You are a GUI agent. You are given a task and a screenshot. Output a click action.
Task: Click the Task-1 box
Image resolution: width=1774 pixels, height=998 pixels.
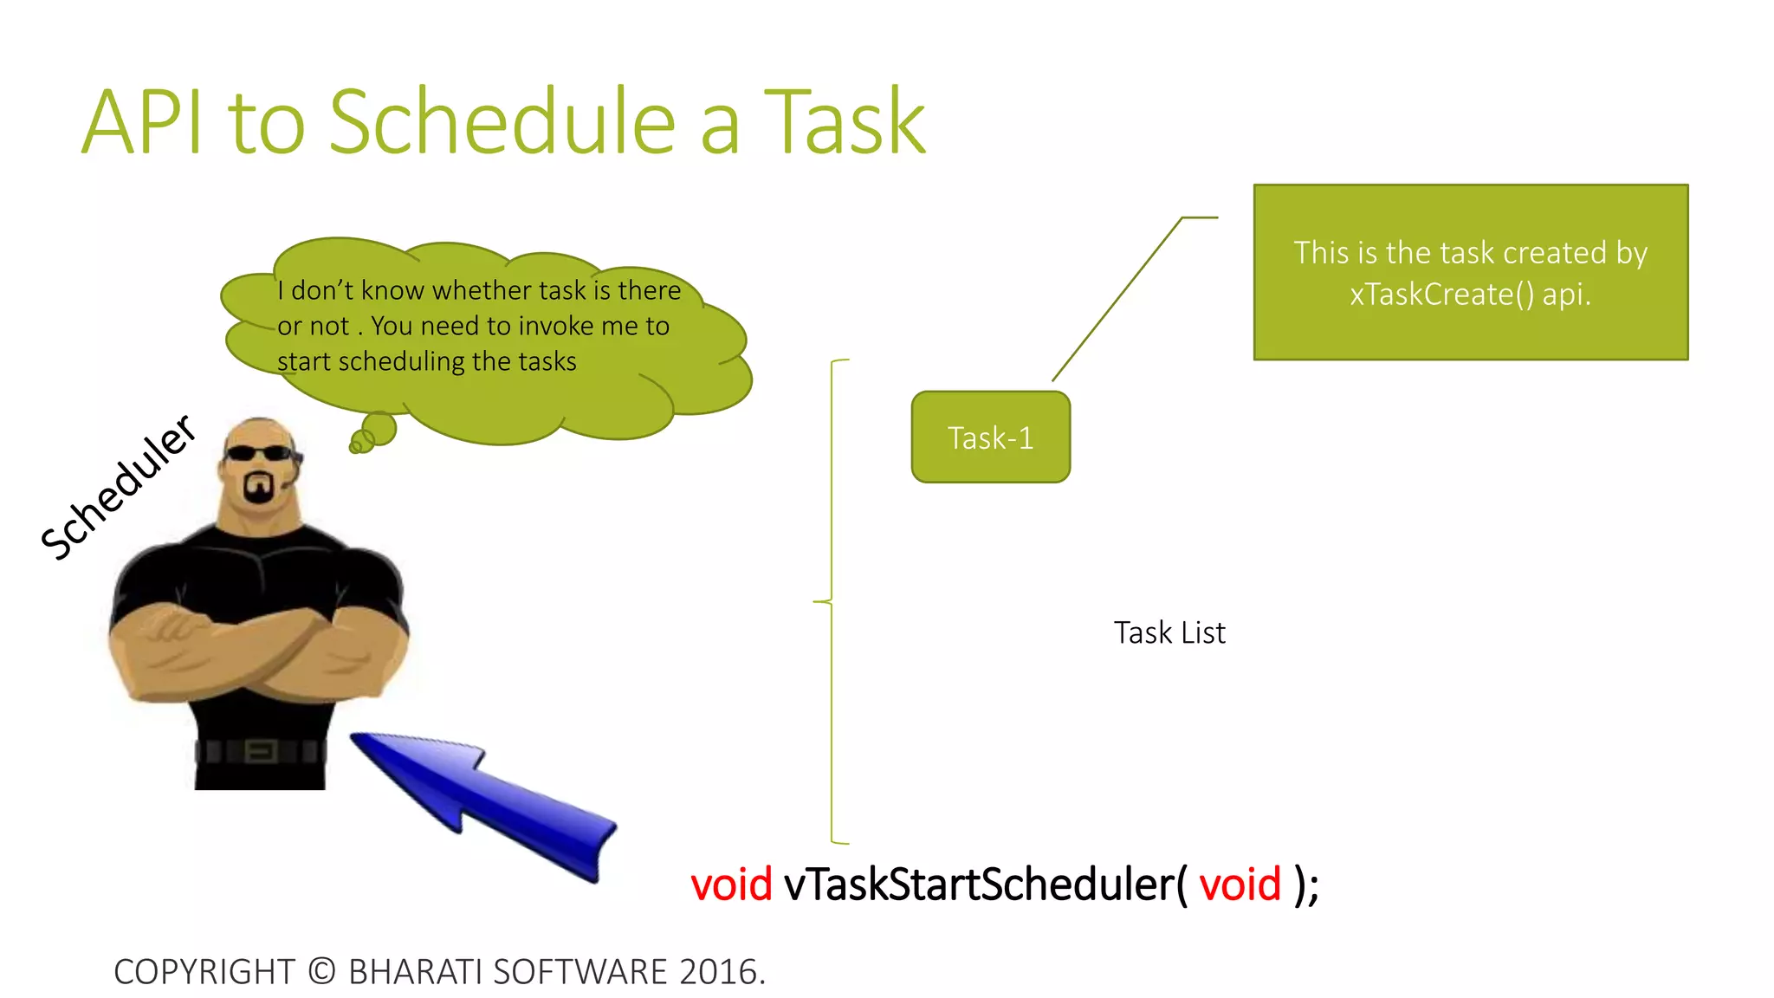click(990, 437)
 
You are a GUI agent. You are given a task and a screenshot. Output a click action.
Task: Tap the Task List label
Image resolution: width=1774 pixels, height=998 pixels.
click(1169, 632)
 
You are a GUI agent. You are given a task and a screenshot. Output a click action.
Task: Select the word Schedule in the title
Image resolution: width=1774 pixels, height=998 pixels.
click(502, 123)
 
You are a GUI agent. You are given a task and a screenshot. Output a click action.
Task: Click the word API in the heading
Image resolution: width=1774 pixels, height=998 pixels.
click(144, 123)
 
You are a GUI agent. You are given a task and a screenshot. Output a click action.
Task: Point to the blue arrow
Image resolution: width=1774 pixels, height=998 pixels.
click(485, 801)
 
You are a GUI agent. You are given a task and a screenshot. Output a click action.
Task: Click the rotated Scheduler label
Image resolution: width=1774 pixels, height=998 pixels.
click(119, 487)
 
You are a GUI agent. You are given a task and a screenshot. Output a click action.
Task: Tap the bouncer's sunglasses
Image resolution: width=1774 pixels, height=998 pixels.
click(258, 453)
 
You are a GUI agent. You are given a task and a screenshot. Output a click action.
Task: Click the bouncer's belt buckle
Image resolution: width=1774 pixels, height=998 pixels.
click(262, 750)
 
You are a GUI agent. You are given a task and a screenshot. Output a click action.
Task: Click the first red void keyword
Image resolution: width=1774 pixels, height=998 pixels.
click(730, 885)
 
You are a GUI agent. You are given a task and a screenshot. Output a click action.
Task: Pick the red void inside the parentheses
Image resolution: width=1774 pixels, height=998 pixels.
click(1240, 885)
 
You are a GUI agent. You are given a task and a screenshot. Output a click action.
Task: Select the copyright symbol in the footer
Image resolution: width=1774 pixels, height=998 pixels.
click(321, 972)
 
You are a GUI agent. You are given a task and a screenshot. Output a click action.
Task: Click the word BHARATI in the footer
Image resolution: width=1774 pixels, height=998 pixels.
click(415, 972)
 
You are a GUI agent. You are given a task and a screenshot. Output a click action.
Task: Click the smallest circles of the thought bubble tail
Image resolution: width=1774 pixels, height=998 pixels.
click(358, 444)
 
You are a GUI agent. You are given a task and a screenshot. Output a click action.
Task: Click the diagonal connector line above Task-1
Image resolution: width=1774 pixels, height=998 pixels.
click(1117, 299)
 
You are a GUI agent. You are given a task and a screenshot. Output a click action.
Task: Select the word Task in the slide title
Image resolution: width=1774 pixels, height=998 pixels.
click(845, 123)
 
